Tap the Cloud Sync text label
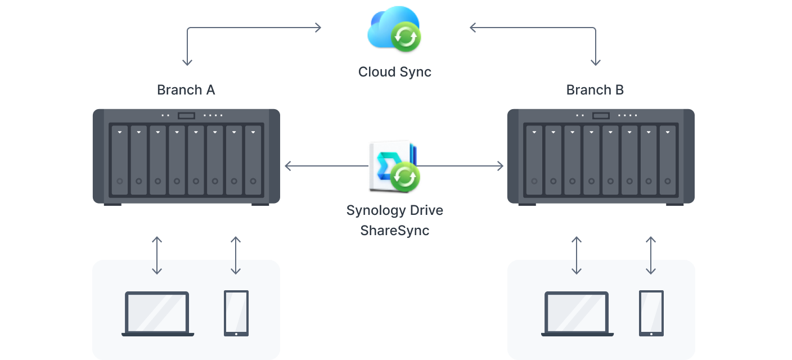point(395,72)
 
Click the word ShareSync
point(395,230)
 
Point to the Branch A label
point(186,90)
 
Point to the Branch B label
point(595,90)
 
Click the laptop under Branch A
point(157,313)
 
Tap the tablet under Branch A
point(236,313)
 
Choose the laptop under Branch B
point(577,313)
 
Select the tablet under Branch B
point(651,313)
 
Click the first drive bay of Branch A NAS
point(120,160)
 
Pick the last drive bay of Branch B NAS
point(668,160)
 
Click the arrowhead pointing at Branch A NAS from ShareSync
point(288,166)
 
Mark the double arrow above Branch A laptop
point(157,255)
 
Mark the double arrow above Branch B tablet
point(651,255)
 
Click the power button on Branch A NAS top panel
point(186,116)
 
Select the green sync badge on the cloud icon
point(406,38)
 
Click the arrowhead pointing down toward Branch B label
point(595,62)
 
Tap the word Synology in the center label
point(372,210)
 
